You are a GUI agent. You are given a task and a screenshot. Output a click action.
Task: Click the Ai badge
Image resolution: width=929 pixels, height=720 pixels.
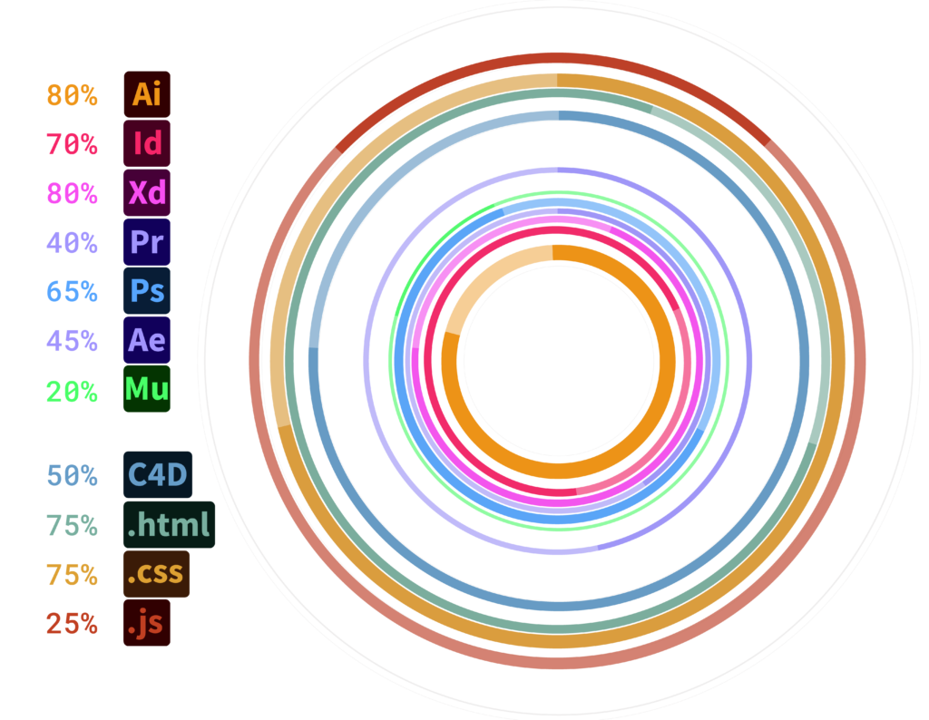click(146, 94)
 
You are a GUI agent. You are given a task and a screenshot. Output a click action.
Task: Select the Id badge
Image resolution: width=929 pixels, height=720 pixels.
click(146, 143)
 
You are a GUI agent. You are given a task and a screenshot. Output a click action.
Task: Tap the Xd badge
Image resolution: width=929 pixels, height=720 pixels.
click(146, 192)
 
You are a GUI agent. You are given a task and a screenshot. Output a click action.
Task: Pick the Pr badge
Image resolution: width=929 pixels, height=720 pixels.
click(146, 242)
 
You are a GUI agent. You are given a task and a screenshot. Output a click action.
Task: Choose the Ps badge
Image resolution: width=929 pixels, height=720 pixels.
click(146, 291)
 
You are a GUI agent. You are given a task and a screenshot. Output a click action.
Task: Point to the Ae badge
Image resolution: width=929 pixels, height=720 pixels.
click(146, 340)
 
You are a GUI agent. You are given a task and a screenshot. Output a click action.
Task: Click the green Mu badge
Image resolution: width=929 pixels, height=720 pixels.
click(146, 389)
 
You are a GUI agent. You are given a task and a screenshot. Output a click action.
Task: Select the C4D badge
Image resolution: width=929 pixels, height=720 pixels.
click(158, 475)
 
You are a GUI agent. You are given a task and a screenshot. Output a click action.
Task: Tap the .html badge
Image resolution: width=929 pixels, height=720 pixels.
click(169, 525)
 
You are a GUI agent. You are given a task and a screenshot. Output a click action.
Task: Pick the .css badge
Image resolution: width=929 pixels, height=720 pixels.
click(156, 574)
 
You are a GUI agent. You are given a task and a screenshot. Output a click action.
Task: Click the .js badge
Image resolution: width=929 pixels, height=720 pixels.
click(146, 624)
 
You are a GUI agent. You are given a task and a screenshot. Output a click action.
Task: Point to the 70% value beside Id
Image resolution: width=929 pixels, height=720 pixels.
click(72, 144)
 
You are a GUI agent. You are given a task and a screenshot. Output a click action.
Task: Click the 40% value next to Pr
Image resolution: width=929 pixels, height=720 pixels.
click(72, 243)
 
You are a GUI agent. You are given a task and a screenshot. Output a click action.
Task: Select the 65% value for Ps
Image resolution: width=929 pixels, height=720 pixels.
click(72, 292)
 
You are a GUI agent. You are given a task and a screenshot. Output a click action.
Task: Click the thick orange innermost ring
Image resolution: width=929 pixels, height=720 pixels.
click(558, 255)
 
